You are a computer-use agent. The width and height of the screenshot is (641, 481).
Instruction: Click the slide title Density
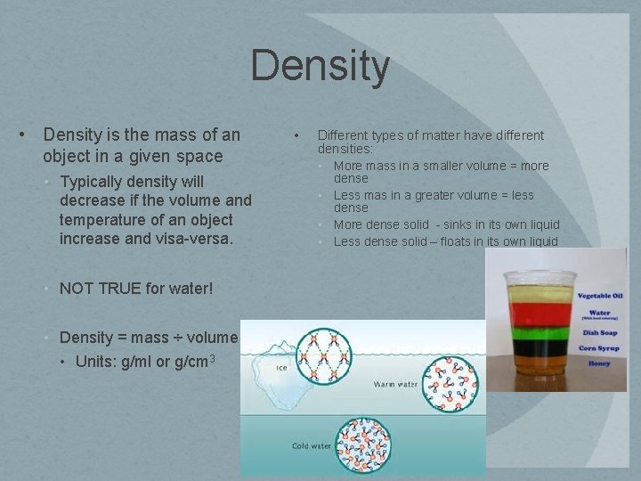(320, 67)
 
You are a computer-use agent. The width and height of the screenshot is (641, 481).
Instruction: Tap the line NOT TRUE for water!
(136, 288)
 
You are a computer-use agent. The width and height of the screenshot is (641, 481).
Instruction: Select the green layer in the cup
(537, 332)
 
